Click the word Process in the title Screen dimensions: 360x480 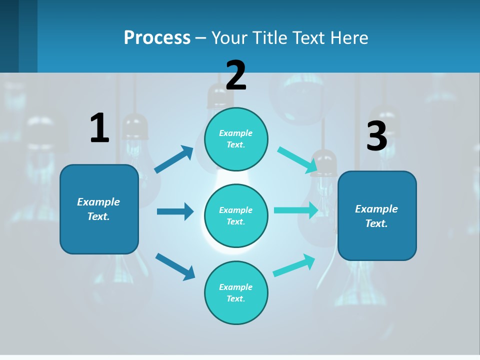pos(157,37)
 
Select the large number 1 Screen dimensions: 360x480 pos(99,128)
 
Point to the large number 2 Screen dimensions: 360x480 pos(236,75)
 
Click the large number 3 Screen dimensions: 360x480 pos(376,136)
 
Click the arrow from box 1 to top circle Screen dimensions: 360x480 pos(173,160)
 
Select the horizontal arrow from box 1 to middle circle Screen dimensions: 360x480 pos(174,211)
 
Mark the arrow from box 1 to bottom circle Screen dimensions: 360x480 pos(175,266)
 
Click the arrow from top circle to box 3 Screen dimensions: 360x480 pos(297,160)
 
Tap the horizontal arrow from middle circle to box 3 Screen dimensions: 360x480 pos(296,210)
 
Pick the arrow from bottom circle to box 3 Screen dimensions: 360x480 pos(294,265)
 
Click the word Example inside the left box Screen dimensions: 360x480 pos(98,202)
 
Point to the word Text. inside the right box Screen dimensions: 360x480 pos(376,223)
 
